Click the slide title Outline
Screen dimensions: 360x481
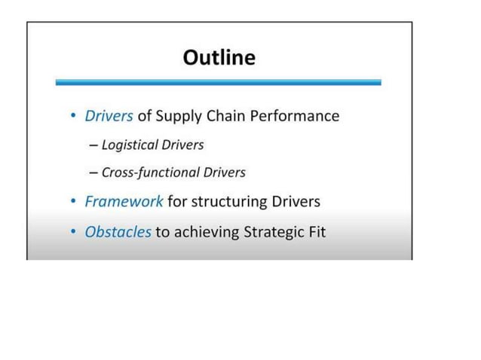coord(219,57)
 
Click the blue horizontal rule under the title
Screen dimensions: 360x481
coord(218,82)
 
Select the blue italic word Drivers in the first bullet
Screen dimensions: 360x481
coord(109,116)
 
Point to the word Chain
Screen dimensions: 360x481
coord(229,116)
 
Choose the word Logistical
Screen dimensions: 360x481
coord(129,145)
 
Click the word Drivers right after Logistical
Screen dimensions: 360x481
coord(182,145)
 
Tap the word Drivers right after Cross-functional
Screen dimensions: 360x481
coord(223,172)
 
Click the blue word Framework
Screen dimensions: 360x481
coord(124,202)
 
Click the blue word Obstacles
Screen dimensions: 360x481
coord(118,232)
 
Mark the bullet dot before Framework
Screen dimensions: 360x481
coord(72,202)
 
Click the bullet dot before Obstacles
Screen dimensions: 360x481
coord(72,232)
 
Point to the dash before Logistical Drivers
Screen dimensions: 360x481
coord(93,145)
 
